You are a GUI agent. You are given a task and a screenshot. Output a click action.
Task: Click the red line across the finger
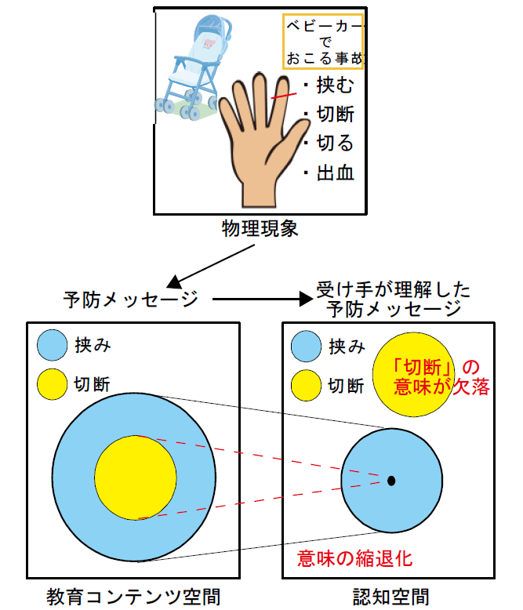click(284, 96)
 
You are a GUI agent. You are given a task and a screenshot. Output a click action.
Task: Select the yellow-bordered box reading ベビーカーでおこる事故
click(323, 42)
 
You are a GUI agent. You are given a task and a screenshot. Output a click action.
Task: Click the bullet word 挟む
click(335, 85)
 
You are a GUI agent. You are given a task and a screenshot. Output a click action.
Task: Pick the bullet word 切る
click(335, 143)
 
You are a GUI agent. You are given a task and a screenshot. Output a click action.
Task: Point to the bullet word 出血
click(336, 172)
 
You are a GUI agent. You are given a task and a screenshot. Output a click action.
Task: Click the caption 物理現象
click(260, 228)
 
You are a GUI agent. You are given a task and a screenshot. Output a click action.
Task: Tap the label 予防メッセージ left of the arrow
click(131, 300)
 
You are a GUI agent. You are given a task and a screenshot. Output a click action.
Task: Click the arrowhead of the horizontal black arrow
click(307, 300)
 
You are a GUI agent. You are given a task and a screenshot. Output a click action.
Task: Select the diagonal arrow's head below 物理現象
click(174, 281)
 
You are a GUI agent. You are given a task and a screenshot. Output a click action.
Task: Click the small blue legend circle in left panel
click(53, 345)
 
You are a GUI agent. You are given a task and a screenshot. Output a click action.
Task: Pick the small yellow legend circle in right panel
click(307, 385)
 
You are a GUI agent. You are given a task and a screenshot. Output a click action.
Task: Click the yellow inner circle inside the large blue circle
click(136, 477)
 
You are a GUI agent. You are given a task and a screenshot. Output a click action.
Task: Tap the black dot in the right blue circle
click(391, 481)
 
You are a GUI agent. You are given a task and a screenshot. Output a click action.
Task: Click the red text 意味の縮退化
click(354, 558)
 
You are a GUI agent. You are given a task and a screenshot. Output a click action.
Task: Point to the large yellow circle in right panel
click(413, 374)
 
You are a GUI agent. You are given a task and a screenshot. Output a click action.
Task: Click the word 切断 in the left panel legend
click(93, 384)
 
